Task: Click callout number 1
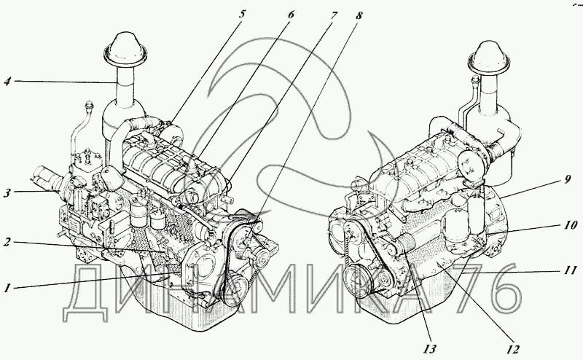pyautogui.click(x=7, y=287)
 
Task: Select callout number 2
pyautogui.click(x=7, y=242)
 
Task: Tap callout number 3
pyautogui.click(x=7, y=193)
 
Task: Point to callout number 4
pyautogui.click(x=8, y=81)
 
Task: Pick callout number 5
pyautogui.click(x=242, y=15)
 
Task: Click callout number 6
pyautogui.click(x=290, y=15)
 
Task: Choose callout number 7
pyautogui.click(x=333, y=15)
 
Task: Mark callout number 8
pyautogui.click(x=359, y=15)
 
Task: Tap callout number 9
pyautogui.click(x=568, y=179)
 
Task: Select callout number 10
pyautogui.click(x=570, y=225)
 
